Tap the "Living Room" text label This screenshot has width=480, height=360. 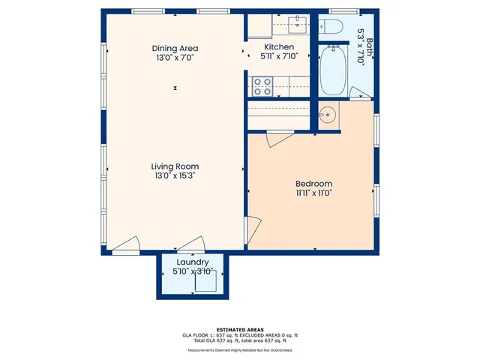pyautogui.click(x=175, y=166)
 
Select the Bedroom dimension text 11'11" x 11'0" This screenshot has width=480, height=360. pyautogui.click(x=313, y=193)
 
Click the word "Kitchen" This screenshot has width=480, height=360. pyautogui.click(x=279, y=46)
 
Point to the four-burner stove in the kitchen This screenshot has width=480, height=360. pyautogui.click(x=262, y=87)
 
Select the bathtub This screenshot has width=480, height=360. pyautogui.click(x=332, y=70)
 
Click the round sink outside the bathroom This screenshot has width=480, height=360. pyautogui.click(x=328, y=115)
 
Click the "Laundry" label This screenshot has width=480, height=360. pyautogui.click(x=193, y=262)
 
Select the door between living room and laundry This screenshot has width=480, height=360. pyautogui.click(x=190, y=244)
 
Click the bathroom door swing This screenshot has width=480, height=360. pyautogui.click(x=358, y=94)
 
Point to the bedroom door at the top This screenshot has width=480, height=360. pyautogui.click(x=279, y=138)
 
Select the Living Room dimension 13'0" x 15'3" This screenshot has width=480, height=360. pyautogui.click(x=175, y=175)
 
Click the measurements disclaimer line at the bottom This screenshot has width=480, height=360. pyautogui.click(x=239, y=350)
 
